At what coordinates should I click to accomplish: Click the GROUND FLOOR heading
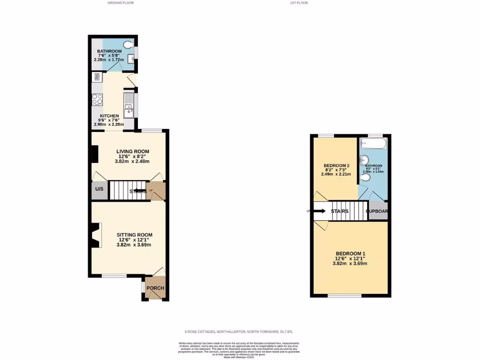[x=121, y=3]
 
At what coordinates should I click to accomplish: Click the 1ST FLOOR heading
[x=299, y=3]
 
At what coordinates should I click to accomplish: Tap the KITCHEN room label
[x=109, y=116]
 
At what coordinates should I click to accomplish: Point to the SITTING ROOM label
[x=135, y=235]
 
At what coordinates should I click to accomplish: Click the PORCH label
[x=155, y=288]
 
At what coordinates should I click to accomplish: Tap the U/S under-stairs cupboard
[x=99, y=189]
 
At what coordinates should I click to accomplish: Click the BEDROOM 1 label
[x=350, y=254]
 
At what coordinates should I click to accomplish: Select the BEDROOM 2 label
[x=337, y=166]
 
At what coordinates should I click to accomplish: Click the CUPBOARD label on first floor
[x=378, y=211]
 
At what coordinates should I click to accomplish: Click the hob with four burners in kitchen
[x=97, y=99]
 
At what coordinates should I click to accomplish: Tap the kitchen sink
[x=128, y=112]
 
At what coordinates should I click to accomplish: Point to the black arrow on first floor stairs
[x=320, y=211]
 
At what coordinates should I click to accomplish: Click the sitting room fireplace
[x=96, y=235]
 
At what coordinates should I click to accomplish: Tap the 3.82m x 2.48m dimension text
[x=133, y=162]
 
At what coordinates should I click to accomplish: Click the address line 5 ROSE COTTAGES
[x=240, y=332]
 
